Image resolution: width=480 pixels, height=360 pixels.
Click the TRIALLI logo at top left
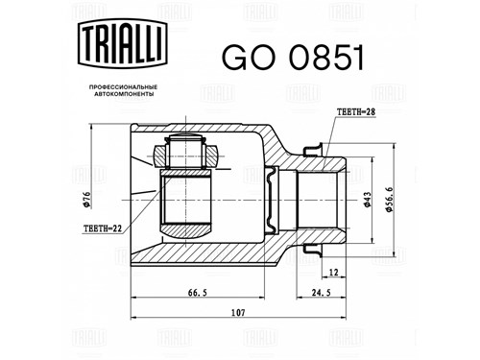tap(123, 43)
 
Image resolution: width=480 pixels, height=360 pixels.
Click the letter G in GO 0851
tap(234, 58)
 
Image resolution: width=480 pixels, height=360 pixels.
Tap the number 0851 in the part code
tap(326, 58)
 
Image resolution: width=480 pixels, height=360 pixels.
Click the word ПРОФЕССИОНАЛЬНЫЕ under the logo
tap(123, 87)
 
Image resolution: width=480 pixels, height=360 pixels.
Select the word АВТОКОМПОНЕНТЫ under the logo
tap(123, 94)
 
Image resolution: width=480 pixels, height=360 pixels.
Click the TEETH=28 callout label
tap(356, 111)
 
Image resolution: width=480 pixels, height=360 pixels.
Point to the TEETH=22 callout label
tap(103, 228)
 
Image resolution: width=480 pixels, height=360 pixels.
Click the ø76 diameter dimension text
tap(86, 200)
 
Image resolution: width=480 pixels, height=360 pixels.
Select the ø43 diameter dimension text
tap(367, 200)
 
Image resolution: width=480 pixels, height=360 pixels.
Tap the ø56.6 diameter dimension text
tap(389, 200)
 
